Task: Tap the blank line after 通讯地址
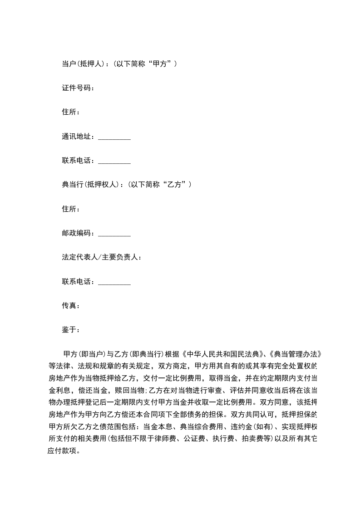(x=114, y=137)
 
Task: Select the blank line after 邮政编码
(x=114, y=234)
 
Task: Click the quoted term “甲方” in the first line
(x=161, y=64)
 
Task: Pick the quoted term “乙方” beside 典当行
(x=176, y=185)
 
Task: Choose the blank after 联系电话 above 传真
(x=114, y=282)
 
